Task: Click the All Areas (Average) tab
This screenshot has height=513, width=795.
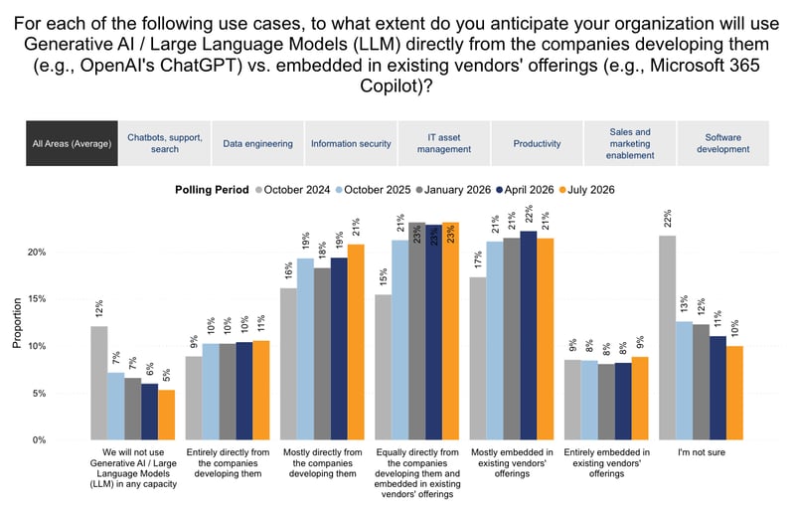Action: coord(72,143)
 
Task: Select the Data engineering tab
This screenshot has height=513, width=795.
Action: coord(257,143)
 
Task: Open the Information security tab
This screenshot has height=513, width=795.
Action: coord(351,143)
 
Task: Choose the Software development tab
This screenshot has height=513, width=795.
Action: coord(723,143)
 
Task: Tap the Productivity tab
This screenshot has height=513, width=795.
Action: coord(537,143)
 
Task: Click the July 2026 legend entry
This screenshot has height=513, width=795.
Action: coord(586,190)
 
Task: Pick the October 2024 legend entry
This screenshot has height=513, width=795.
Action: coord(292,190)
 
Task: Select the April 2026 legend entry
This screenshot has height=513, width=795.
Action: coord(525,190)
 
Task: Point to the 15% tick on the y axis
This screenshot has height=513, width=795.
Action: coord(37,299)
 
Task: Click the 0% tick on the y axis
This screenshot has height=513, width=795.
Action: coord(39,440)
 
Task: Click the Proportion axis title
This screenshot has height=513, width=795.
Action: coord(17,323)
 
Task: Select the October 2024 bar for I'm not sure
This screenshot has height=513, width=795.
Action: coord(667,337)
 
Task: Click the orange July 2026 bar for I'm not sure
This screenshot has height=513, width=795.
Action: coord(734,393)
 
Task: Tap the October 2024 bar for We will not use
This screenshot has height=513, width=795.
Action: coord(99,383)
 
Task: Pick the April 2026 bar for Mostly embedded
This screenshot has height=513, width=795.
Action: coord(529,335)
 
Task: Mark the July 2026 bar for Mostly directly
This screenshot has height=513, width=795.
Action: coord(356,342)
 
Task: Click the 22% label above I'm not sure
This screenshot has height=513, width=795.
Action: coord(667,219)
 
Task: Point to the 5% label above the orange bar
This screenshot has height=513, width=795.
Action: coord(167,376)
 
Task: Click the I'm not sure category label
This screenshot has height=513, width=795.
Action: coord(702,452)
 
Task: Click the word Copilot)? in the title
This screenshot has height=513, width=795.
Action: coord(396,85)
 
